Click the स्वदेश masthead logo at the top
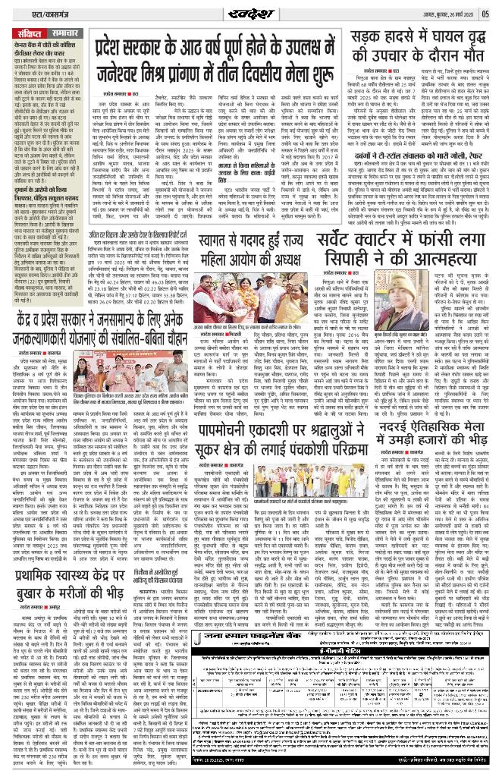click(x=251, y=13)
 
